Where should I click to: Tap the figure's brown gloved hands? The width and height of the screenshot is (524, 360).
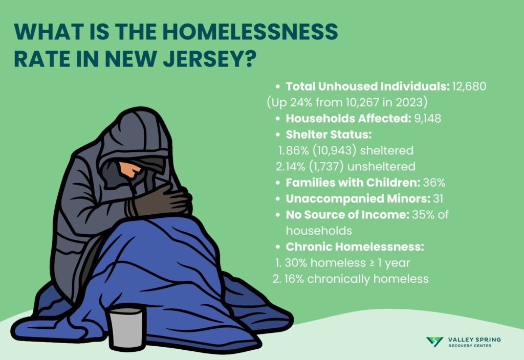pyautogui.click(x=163, y=199)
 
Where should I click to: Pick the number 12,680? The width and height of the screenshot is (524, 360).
pyautogui.click(x=469, y=86)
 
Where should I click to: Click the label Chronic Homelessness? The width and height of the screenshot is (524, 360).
pyautogui.click(x=355, y=247)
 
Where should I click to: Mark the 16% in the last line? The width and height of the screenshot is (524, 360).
pyautogui.click(x=297, y=279)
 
